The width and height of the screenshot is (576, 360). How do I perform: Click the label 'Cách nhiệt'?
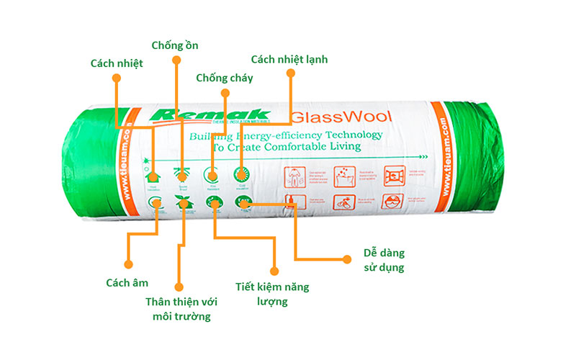pyautogui.click(x=116, y=63)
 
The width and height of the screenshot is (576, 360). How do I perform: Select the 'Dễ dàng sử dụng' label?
pyautogui.click(x=384, y=261)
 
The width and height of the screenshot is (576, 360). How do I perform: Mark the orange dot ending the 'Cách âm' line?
pyautogui.click(x=129, y=263)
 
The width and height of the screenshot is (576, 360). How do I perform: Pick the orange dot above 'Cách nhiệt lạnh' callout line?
pyautogui.click(x=291, y=73)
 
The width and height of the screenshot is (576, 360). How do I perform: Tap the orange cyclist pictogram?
pyautogui.click(x=343, y=202)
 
